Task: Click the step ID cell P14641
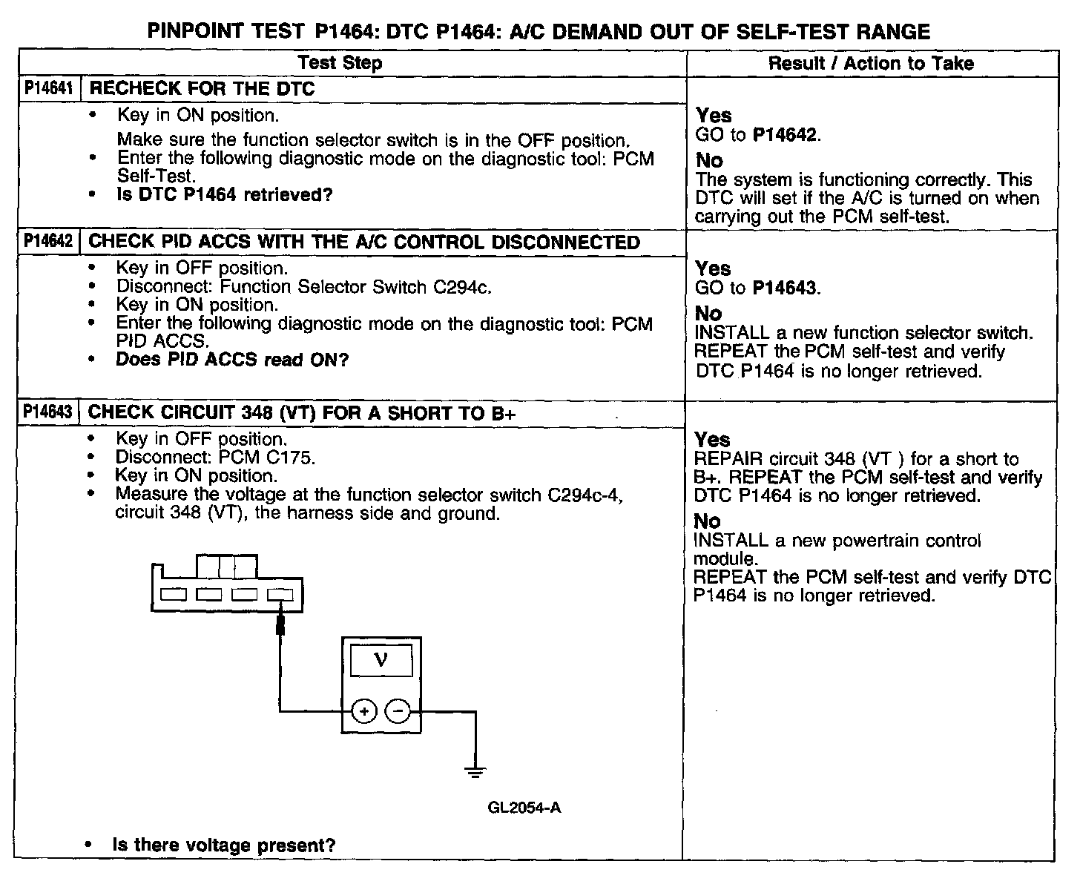(x=48, y=89)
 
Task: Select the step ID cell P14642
(x=48, y=242)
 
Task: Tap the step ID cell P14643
(x=48, y=412)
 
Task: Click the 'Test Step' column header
(x=340, y=63)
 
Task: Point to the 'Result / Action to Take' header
(x=871, y=63)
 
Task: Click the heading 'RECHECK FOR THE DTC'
(x=202, y=89)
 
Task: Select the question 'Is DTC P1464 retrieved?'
(x=225, y=195)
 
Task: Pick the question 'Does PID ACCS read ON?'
(x=231, y=360)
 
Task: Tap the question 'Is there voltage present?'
(x=224, y=845)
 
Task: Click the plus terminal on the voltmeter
(x=363, y=712)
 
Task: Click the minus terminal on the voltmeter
(x=399, y=712)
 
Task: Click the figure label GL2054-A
(x=524, y=808)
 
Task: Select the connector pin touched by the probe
(x=280, y=594)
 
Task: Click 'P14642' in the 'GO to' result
(x=786, y=135)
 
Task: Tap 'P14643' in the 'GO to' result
(x=786, y=288)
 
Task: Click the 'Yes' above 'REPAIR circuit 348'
(x=712, y=440)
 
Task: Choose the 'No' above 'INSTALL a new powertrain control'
(x=708, y=521)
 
